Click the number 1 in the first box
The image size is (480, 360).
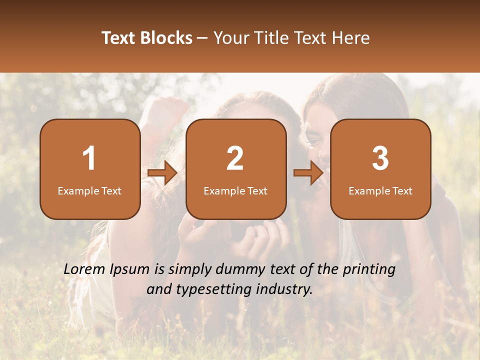[x=89, y=158]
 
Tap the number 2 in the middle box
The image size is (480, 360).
[x=235, y=158]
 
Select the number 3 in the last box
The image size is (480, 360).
[x=380, y=158]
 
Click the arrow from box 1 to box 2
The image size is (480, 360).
[x=163, y=173]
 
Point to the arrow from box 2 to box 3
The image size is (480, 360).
[x=308, y=173]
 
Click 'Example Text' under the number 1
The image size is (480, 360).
[x=89, y=190]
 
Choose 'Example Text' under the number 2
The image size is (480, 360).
[x=235, y=190]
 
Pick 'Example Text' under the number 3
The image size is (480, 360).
[x=380, y=190]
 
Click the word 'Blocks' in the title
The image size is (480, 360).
[x=166, y=38]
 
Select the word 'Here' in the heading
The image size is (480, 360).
[x=352, y=38]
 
